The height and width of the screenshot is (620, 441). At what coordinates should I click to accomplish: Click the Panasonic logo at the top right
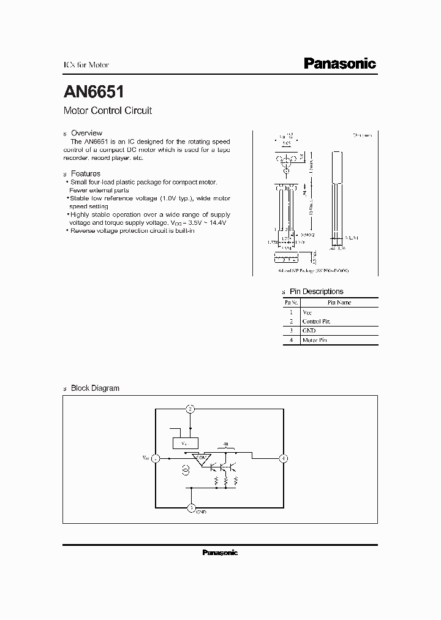point(340,64)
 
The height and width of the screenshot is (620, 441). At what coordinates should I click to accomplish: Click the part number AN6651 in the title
point(94,92)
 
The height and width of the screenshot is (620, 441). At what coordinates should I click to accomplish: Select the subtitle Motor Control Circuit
point(107,111)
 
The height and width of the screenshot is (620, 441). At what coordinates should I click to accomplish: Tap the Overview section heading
point(86,133)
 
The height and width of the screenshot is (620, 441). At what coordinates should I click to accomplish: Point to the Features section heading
point(86,174)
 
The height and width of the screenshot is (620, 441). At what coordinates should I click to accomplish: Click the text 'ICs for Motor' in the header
point(86,65)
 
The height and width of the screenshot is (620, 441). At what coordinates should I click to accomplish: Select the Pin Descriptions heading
point(316,292)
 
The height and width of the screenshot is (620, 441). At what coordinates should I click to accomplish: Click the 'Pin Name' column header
point(339,302)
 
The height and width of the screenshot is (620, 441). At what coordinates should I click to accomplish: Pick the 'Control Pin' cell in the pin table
point(317,321)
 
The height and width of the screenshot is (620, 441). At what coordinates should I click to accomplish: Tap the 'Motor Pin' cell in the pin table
point(315,340)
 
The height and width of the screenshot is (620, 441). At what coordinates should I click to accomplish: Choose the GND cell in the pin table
point(309,330)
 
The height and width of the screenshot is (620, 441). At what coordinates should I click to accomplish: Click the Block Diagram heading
point(95,388)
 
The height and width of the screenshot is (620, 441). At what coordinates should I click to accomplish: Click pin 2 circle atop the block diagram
point(191,409)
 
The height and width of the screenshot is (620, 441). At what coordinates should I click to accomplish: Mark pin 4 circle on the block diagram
point(283,458)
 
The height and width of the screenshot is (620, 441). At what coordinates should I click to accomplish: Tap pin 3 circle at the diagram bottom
point(191,508)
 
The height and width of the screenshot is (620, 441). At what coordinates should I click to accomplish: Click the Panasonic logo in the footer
point(220,553)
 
